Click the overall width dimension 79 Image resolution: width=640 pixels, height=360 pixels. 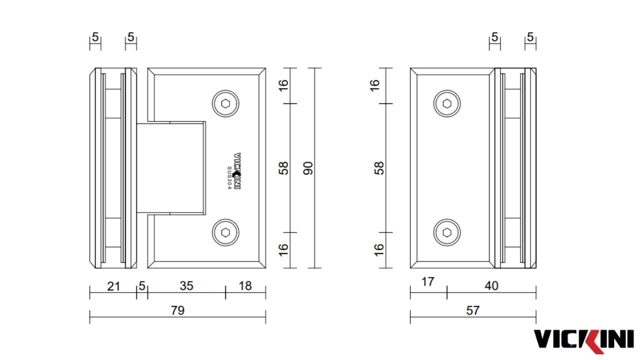coord(177,310)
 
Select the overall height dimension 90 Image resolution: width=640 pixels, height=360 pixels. coord(308,168)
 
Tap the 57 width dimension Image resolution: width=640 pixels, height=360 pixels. coord(473,310)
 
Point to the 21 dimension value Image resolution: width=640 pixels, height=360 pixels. coord(113,286)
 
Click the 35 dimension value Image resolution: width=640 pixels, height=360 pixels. coord(186,285)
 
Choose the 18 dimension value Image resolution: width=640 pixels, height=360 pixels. coord(245,285)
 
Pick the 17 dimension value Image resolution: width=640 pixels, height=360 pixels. coord(427,282)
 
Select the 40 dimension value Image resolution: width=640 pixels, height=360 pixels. coord(491,285)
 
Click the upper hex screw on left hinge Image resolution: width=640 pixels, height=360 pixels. coord(225,103)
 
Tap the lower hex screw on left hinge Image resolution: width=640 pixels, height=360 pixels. coord(225,232)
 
